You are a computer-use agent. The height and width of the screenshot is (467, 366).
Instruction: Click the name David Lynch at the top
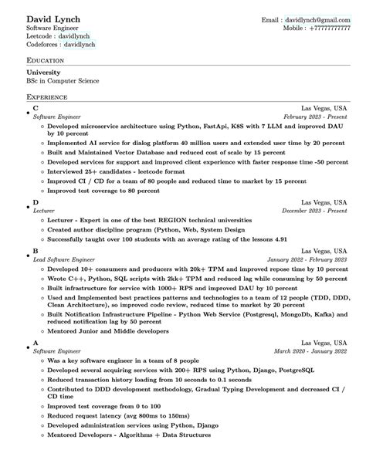coord(53,18)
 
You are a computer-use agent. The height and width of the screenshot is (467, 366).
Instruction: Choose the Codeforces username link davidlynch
coord(81,46)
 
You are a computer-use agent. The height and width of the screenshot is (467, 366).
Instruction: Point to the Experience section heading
coord(47,98)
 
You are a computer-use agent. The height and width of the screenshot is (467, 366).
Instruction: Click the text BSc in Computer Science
coord(63,80)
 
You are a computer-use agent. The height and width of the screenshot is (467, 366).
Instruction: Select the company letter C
coord(36,109)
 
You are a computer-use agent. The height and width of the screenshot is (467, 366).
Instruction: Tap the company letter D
coord(36,202)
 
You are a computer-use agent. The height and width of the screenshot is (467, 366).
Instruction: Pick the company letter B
coord(36,251)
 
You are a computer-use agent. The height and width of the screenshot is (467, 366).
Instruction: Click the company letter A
coord(36,342)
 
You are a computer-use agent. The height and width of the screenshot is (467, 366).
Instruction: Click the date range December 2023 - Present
coord(314,209)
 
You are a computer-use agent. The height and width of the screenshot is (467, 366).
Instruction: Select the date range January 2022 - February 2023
coord(307,259)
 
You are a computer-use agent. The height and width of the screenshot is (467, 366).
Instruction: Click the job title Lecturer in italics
coord(44,209)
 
